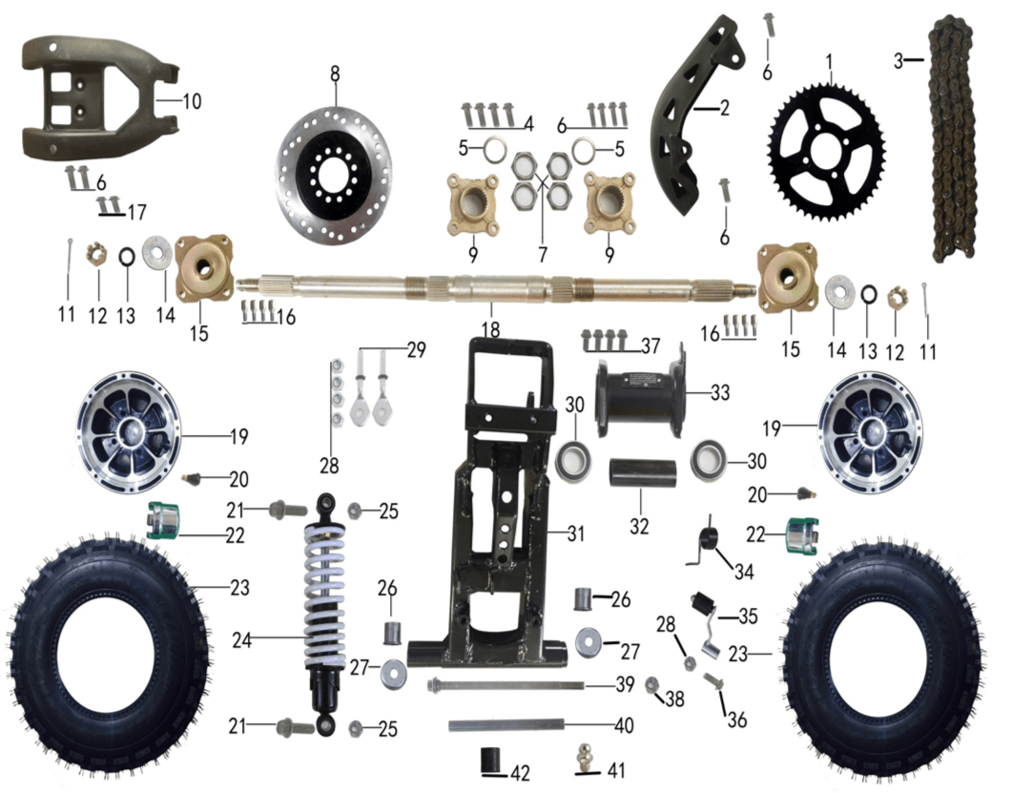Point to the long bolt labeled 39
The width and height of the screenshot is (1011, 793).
pos(505,685)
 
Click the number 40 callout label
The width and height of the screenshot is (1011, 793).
pos(623,725)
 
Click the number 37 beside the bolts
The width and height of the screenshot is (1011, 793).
pos(649,343)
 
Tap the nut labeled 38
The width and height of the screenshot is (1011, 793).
pos(654,685)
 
